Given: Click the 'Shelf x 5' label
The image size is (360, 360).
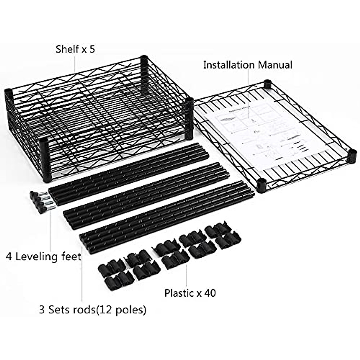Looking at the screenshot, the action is [x=75, y=49].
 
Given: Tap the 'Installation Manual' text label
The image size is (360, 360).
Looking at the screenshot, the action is [x=247, y=65].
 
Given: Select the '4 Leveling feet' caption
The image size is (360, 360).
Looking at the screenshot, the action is [x=44, y=257].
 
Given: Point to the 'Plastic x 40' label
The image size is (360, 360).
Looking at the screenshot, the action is [x=190, y=293].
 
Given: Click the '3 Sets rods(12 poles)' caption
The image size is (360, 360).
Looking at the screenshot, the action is [x=93, y=309].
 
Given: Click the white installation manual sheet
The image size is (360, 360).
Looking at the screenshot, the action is [x=252, y=135].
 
